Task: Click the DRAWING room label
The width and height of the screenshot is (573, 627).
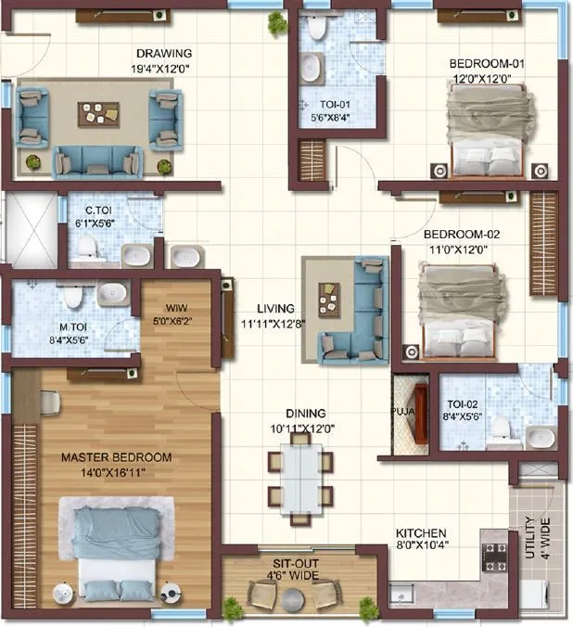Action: [164, 53]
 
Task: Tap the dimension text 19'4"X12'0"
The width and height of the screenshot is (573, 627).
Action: [164, 67]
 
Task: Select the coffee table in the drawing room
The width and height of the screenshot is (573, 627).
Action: [97, 113]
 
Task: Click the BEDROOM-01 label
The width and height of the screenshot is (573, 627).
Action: [487, 63]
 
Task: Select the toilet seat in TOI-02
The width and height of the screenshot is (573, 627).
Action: [499, 427]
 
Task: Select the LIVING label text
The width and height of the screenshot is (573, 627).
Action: [276, 309]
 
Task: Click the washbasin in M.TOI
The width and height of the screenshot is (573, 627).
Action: [114, 293]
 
